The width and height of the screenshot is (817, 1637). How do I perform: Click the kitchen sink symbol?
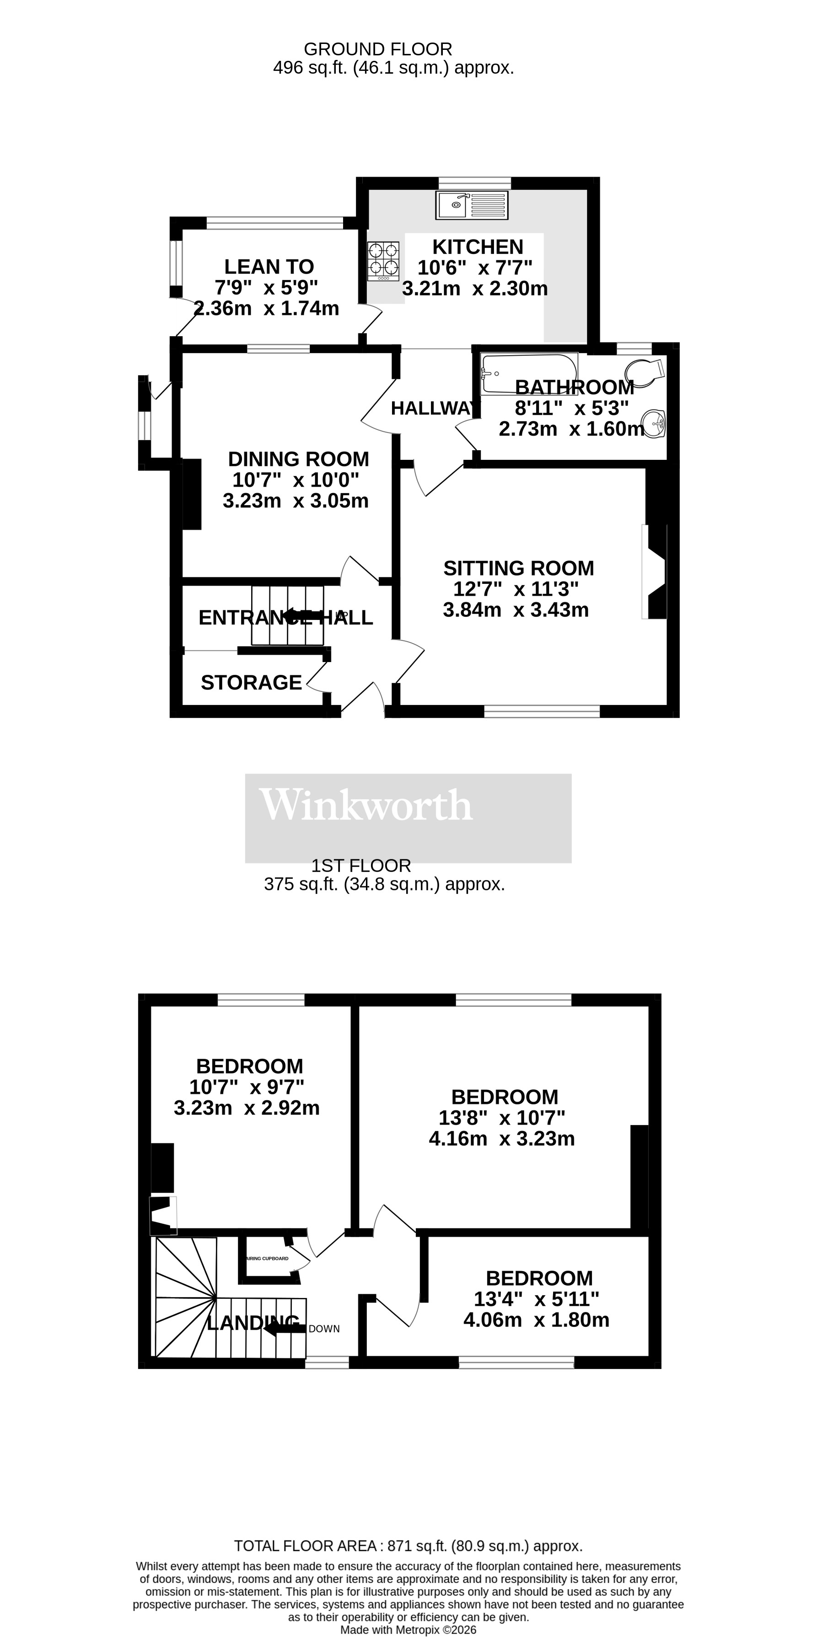pos(472,205)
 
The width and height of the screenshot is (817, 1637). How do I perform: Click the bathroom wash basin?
pos(654,423)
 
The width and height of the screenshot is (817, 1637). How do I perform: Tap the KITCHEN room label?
pos(478,247)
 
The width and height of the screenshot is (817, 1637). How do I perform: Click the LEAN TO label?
pos(269,266)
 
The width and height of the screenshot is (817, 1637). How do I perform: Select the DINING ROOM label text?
pos(298,459)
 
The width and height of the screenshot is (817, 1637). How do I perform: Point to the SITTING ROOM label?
pos(518,568)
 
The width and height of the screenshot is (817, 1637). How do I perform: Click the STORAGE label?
pos(251,683)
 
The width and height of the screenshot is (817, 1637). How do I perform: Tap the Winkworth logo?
pos(366,805)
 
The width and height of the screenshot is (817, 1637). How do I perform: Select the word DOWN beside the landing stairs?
pos(324,1329)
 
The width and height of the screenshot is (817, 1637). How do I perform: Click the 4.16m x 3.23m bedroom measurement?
pos(501,1138)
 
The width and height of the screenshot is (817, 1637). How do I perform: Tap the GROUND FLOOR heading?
pos(378,49)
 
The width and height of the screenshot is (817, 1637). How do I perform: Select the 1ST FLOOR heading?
pos(361,866)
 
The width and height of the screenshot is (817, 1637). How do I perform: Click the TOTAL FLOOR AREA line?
pos(408,1546)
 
